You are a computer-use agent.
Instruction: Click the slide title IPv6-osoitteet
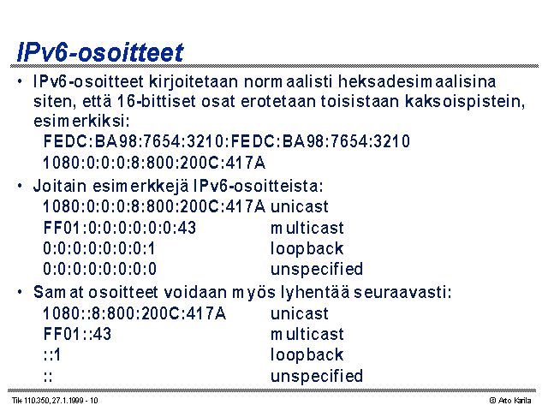pos(100,52)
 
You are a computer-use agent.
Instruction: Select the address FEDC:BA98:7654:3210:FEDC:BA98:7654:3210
pos(226,141)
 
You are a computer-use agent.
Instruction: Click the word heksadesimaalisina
pos(417,82)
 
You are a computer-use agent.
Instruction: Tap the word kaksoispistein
pos(465,102)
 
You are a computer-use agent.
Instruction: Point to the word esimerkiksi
pos(81,122)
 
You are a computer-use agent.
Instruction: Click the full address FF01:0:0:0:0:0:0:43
pos(120,228)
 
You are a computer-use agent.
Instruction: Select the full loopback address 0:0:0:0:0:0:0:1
pos(99,248)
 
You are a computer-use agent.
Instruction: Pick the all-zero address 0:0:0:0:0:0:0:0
pos(99,269)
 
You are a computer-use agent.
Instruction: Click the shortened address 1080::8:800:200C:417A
pos(134,313)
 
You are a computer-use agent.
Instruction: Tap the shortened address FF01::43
pos(77,334)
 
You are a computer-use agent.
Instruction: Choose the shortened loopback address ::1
pos(51,354)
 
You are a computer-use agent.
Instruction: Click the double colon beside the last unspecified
pos(48,377)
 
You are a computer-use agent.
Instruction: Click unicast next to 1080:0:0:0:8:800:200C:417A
pos(300,206)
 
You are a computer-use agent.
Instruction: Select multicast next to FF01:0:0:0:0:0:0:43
pos(307,228)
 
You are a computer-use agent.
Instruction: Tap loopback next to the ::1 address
pos(307,355)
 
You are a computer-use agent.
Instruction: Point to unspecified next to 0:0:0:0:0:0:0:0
pos(317,270)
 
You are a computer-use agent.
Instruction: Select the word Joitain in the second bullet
pos(60,186)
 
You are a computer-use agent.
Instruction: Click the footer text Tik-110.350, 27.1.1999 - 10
pos(55,401)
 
